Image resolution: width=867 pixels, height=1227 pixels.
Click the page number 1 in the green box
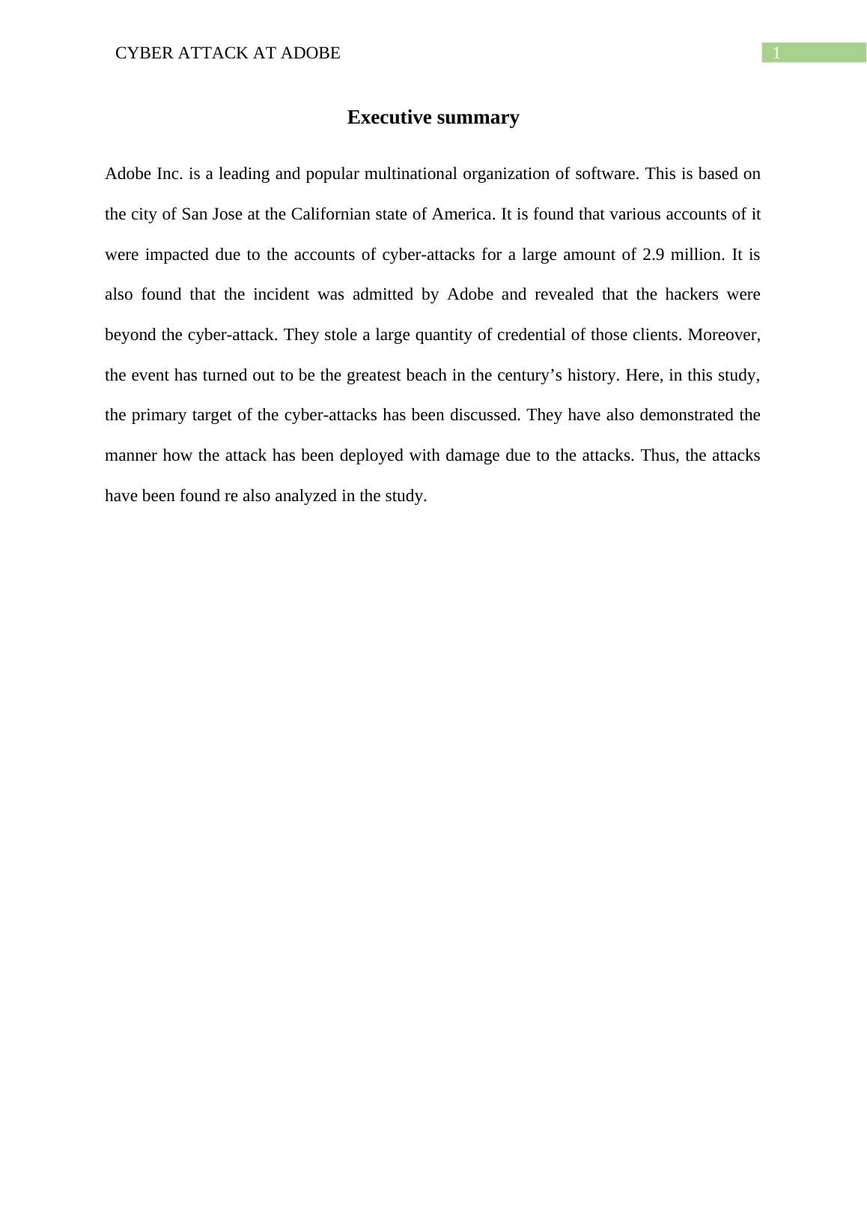click(x=776, y=53)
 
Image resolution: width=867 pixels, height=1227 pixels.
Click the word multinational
click(x=410, y=174)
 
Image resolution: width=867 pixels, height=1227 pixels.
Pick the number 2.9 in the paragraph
click(x=654, y=255)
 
